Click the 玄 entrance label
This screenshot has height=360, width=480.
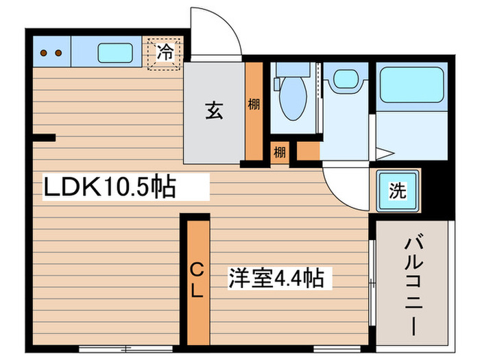(213, 110)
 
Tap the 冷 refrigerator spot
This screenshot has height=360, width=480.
(165, 51)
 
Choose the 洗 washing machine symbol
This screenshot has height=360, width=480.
(397, 191)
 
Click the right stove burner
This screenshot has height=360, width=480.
(58, 52)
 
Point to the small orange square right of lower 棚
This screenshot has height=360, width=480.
(309, 151)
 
